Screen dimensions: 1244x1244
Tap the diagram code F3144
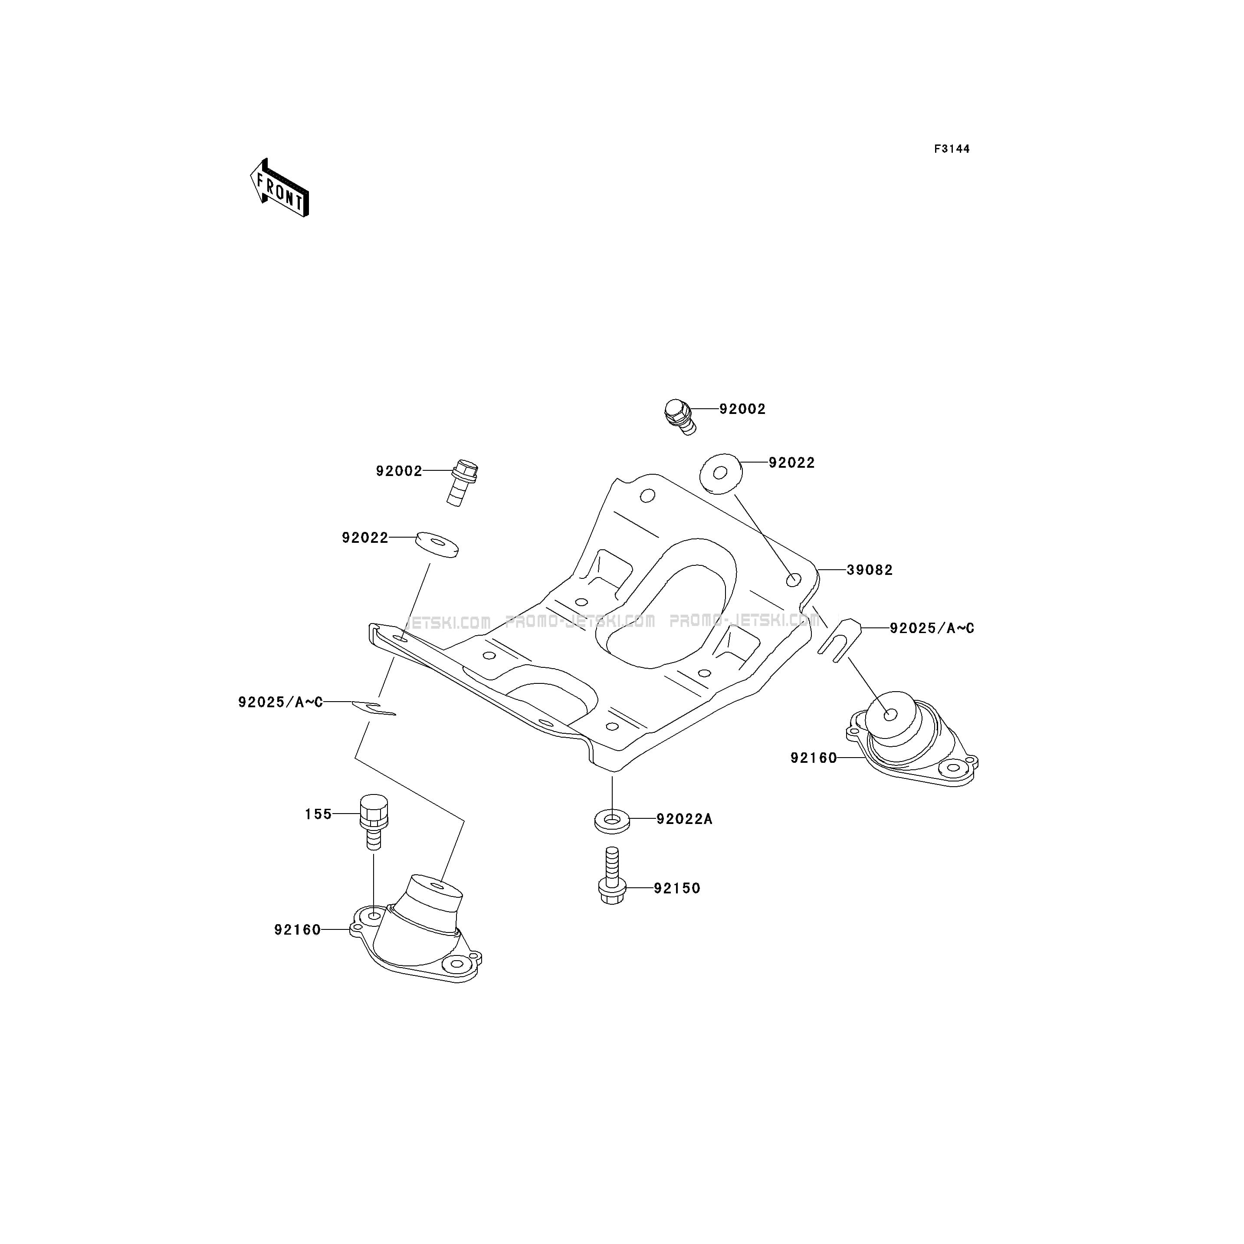pyautogui.click(x=952, y=149)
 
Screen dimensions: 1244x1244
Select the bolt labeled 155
pyautogui.click(x=374, y=822)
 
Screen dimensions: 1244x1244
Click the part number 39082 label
pyautogui.click(x=870, y=570)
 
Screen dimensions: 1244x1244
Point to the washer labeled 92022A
pyautogui.click(x=612, y=822)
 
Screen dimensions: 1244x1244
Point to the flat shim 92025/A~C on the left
pyautogui.click(x=374, y=708)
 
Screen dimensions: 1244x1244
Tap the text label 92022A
pyautogui.click(x=684, y=819)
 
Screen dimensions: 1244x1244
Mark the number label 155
pyautogui.click(x=318, y=814)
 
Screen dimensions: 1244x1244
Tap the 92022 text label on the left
pyautogui.click(x=365, y=538)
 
